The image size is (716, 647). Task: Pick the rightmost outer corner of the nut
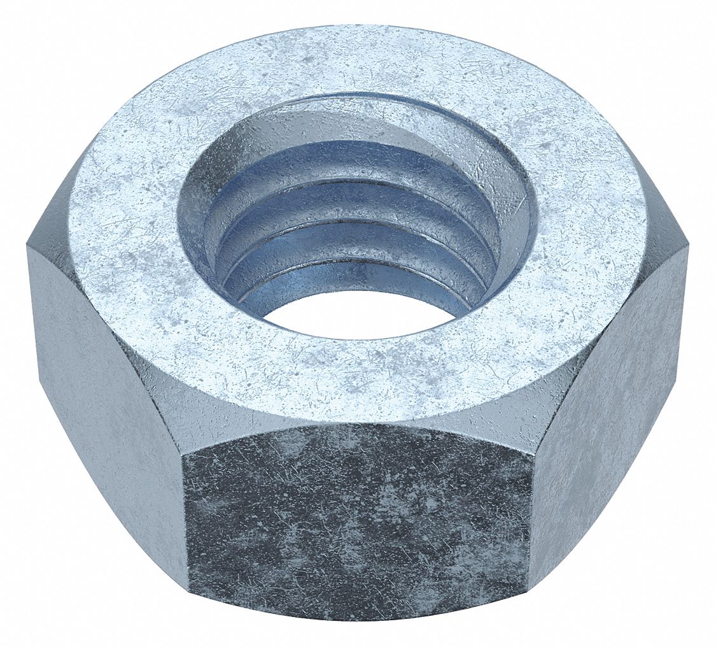[687, 248]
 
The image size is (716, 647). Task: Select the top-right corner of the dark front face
[533, 453]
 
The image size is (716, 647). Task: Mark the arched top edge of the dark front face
[356, 426]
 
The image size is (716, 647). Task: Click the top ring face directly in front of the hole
[356, 376]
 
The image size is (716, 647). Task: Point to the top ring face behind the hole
[356, 60]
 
